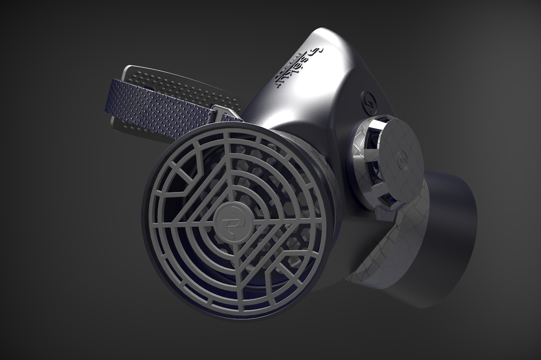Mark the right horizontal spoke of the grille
pyautogui.click(x=289, y=221)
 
